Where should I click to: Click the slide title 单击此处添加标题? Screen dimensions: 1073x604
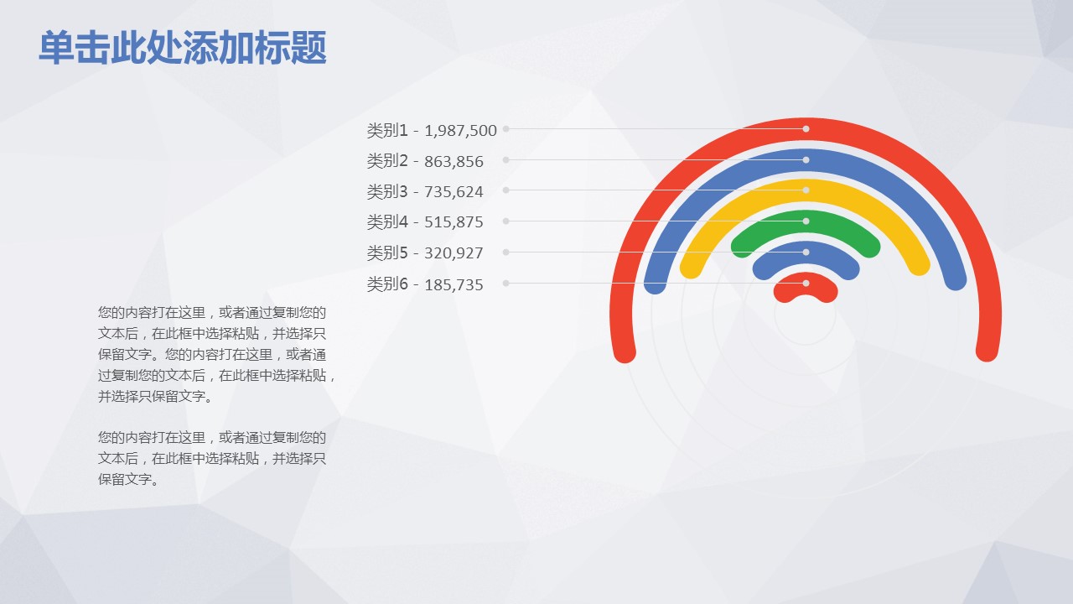click(183, 47)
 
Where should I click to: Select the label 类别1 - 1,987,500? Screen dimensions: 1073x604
click(432, 130)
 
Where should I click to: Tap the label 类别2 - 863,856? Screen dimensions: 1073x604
click(425, 161)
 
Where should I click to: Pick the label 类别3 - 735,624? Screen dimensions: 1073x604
click(425, 191)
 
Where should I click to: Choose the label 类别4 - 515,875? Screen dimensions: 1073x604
click(425, 222)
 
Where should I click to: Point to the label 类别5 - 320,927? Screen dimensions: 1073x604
click(425, 253)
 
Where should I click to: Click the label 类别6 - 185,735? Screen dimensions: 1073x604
click(425, 284)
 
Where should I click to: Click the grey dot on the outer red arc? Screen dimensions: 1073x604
click(806, 129)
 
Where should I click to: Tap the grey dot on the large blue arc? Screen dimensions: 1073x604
click(806, 159)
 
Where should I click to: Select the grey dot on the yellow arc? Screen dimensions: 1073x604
click(806, 190)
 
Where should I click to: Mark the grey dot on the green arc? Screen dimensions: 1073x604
click(806, 221)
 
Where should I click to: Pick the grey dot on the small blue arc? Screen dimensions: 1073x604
click(806, 253)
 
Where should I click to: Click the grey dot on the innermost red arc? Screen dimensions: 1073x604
click(806, 284)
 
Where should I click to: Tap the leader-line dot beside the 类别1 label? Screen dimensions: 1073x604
click(505, 128)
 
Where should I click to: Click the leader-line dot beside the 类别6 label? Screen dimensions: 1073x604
click(505, 284)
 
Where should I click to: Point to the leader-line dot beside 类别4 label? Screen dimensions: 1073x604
click(505, 221)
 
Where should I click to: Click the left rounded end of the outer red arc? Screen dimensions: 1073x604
click(625, 352)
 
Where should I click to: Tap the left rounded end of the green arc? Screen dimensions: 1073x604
click(742, 247)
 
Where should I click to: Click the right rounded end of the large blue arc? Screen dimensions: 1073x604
click(956, 279)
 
